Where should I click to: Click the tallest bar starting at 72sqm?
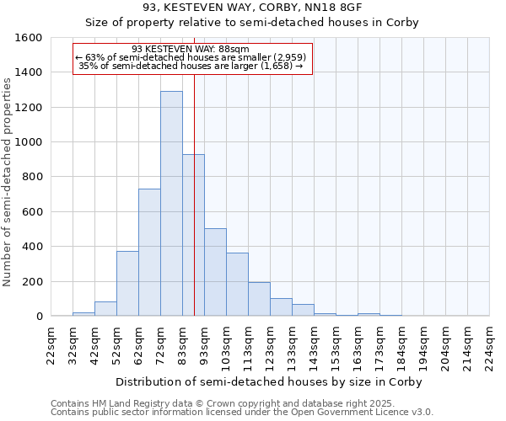[x=171, y=204]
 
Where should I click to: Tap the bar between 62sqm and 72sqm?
[x=149, y=253]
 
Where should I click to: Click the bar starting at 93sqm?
[x=215, y=272]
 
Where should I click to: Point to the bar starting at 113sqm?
[x=259, y=299]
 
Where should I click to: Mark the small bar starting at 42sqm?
[x=105, y=309]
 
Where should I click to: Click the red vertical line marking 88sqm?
[x=195, y=126]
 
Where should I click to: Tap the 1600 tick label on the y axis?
[x=29, y=38]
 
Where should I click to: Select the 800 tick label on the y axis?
[x=32, y=177]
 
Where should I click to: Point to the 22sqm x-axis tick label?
[x=51, y=344]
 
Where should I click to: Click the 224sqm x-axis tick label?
[x=490, y=344]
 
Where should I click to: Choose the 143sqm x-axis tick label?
[x=315, y=344]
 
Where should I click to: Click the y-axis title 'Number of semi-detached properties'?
[x=8, y=179]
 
